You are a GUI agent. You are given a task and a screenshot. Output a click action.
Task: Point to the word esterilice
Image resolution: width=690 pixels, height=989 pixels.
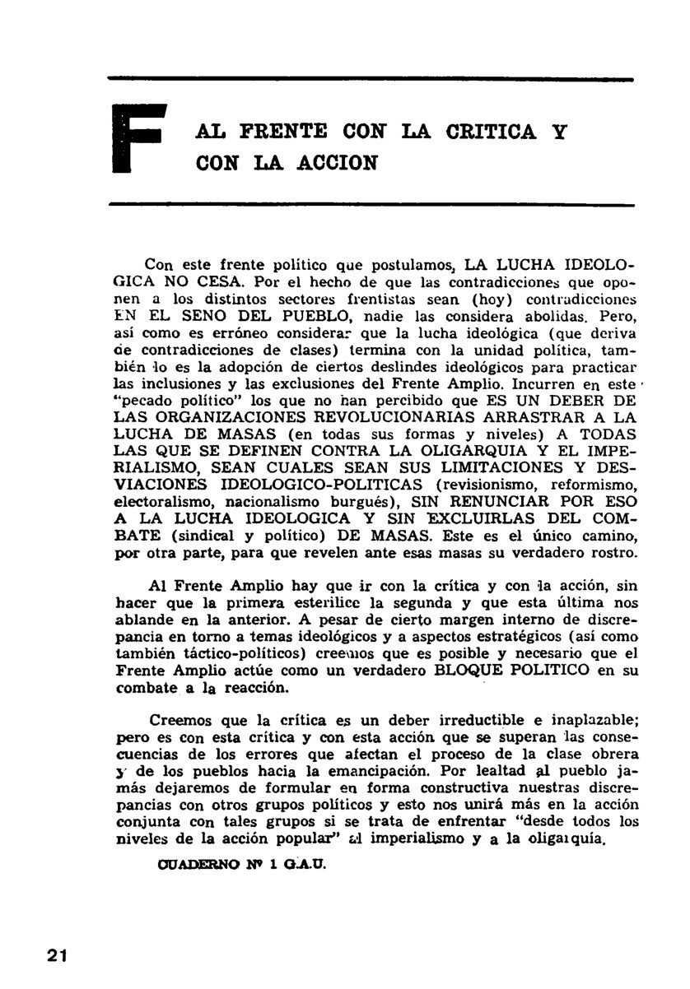point(301,602)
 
